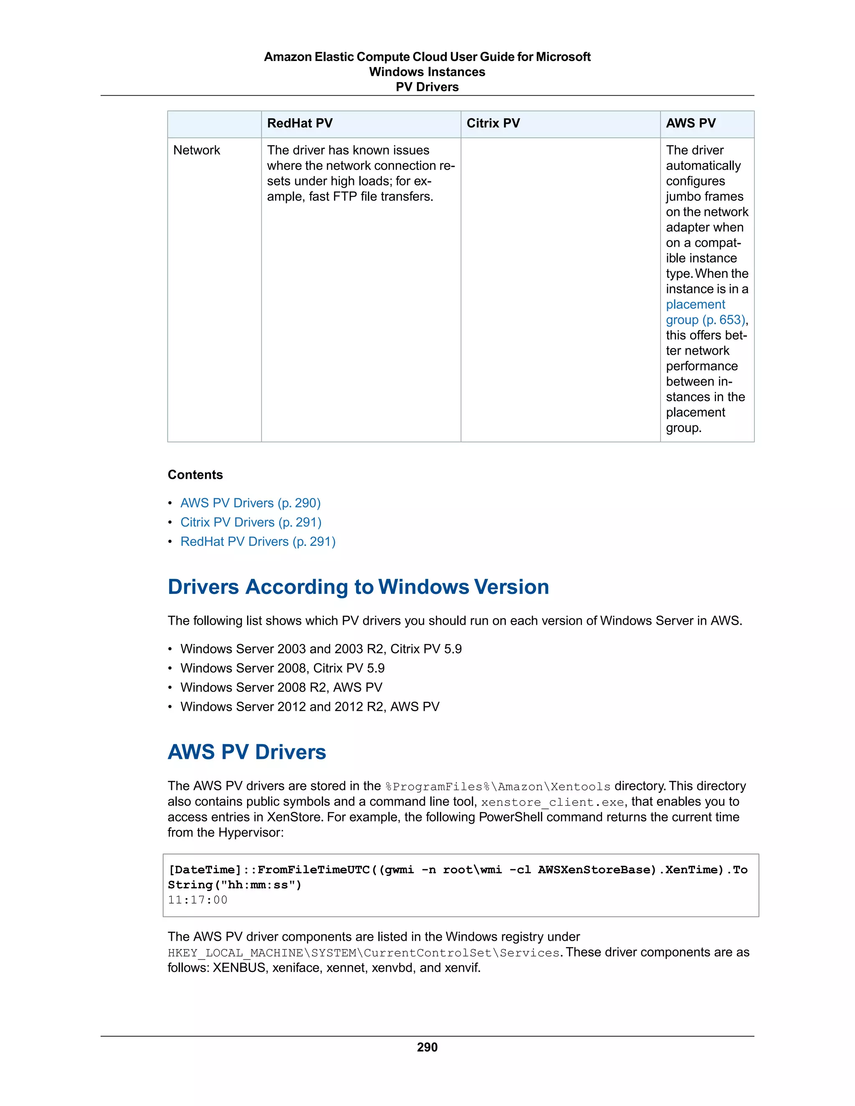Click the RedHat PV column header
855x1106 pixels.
click(300, 123)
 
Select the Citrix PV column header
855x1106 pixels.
click(493, 123)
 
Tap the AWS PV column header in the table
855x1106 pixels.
click(691, 123)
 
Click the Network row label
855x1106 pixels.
click(197, 150)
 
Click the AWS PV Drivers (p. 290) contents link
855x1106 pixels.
click(250, 503)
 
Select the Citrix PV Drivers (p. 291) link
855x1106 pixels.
click(251, 522)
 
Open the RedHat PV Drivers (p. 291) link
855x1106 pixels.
click(258, 541)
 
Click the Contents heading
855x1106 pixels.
click(195, 475)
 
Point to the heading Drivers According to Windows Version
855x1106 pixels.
click(358, 586)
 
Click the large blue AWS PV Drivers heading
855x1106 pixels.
click(247, 752)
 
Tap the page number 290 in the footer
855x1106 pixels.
click(427, 1047)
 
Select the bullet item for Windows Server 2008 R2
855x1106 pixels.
click(281, 687)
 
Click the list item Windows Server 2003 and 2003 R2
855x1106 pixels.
click(321, 649)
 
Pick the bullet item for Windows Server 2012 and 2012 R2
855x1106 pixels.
click(309, 707)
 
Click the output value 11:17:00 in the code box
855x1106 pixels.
click(197, 900)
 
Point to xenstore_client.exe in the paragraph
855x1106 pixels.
click(552, 802)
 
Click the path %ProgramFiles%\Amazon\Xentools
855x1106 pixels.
click(498, 786)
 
